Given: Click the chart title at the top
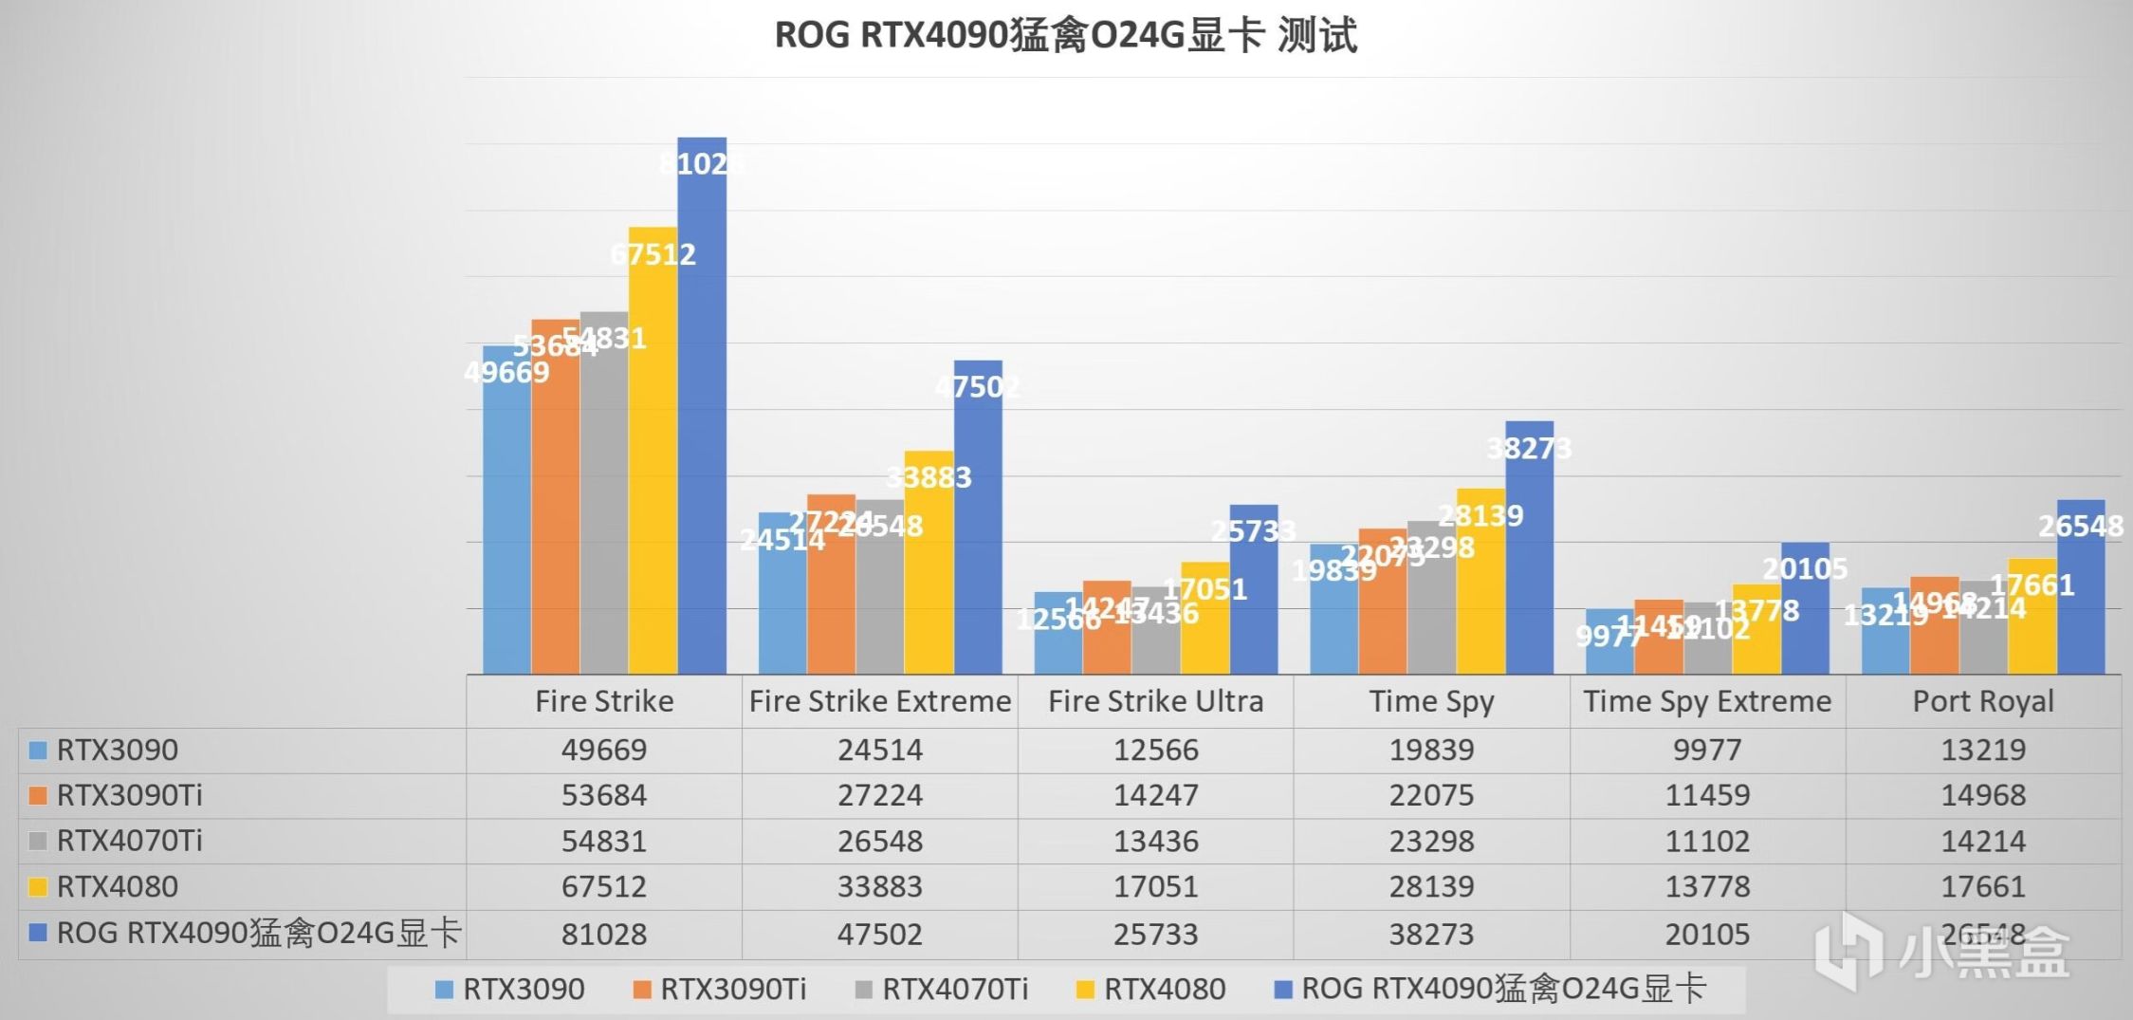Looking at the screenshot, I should pyautogui.click(x=1066, y=35).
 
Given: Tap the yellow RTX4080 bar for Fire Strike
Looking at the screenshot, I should pyautogui.click(x=653, y=455).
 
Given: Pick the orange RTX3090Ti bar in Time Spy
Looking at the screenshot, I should pyautogui.click(x=1382, y=607).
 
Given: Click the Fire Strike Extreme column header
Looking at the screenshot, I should pyautogui.click(x=880, y=701).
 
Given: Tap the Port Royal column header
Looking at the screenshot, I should pyautogui.click(x=1983, y=701).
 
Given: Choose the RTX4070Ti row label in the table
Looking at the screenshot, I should pyautogui.click(x=129, y=841).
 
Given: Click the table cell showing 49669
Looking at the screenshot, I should pyautogui.click(x=604, y=750).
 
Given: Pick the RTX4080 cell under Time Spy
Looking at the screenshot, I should pyautogui.click(x=1431, y=886).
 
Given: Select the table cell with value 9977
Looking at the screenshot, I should pyautogui.click(x=1707, y=750).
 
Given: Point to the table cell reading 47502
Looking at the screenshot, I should pyautogui.click(x=880, y=934).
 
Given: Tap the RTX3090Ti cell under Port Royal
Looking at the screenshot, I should pyautogui.click(x=1983, y=795).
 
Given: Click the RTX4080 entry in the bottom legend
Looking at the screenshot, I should pyautogui.click(x=1151, y=990).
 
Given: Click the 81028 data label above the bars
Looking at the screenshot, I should pyautogui.click(x=701, y=164).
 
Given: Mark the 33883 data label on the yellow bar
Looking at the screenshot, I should pyautogui.click(x=929, y=476).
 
